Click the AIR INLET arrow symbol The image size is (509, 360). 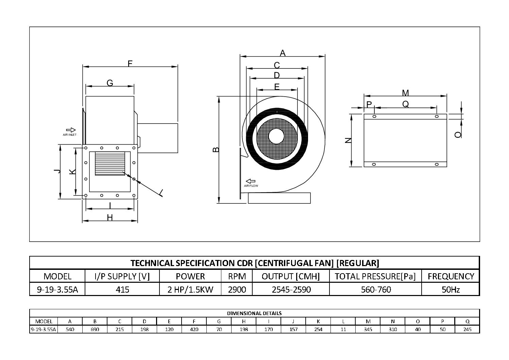pos(71,130)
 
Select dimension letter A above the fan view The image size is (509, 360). pos(282,53)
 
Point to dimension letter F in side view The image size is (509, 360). pos(130,63)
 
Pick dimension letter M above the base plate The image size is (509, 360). pos(405,93)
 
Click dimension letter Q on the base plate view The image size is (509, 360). pos(406,104)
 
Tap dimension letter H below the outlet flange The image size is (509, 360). pos(110,217)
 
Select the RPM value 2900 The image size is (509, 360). pos(237,290)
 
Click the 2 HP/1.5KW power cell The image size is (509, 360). pos(190,290)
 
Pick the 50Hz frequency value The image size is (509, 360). pos(451,290)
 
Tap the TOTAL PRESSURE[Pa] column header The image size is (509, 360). pos(375,276)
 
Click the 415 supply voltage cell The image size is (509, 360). pos(122,290)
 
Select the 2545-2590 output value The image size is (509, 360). pos(291,290)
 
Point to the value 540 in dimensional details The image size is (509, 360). pos(70,329)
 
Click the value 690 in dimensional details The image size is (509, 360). pos(95,329)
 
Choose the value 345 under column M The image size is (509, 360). pos(368,329)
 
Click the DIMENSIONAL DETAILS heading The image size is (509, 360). pos(254,313)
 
